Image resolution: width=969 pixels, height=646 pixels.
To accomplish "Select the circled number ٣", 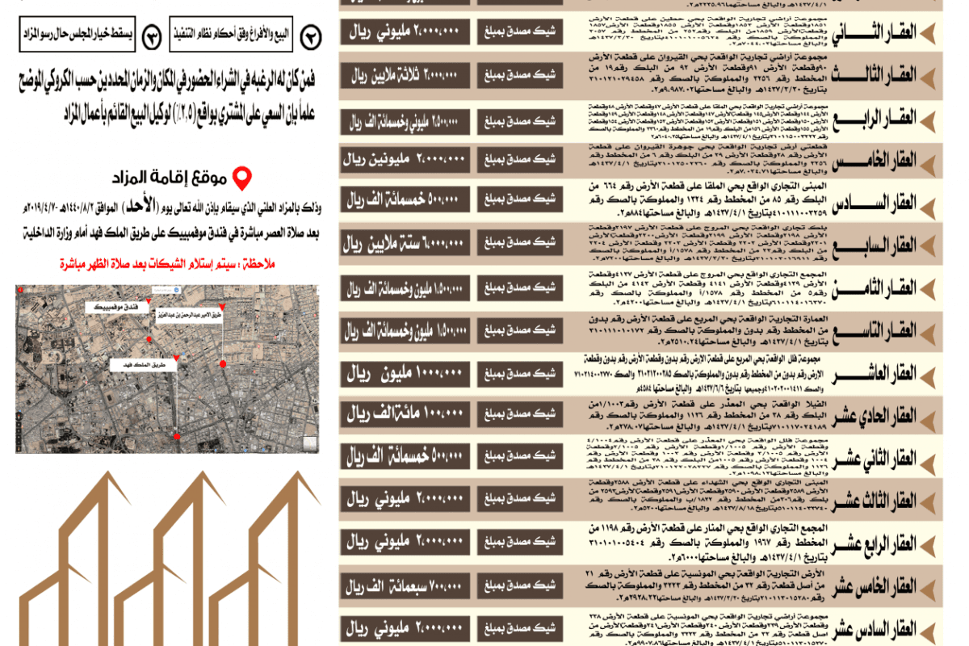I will [x=151, y=36].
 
